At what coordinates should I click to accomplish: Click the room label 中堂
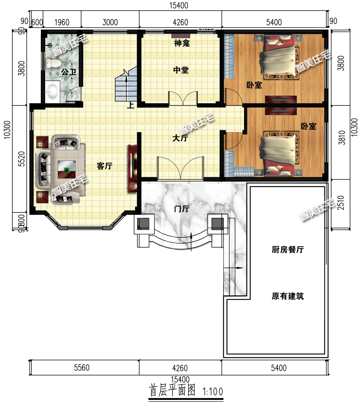181,70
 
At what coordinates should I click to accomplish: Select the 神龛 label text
182,43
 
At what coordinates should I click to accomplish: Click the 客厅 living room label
105,166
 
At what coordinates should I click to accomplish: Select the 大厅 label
180,138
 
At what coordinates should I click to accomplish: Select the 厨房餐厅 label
288,250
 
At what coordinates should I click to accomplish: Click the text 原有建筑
288,296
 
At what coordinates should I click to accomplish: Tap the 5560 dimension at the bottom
82,368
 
